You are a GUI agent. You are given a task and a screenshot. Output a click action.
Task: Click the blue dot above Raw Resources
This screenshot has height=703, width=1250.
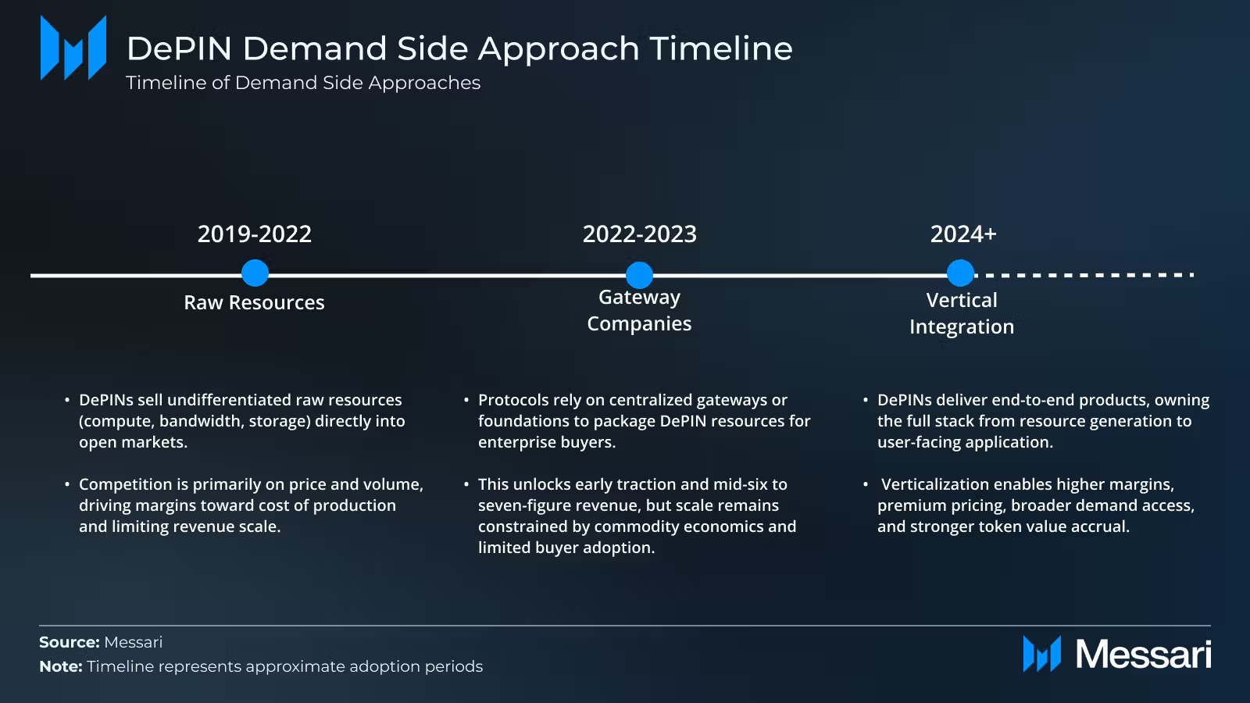[255, 273]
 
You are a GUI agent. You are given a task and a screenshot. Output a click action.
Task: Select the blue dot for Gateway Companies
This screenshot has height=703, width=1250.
[639, 275]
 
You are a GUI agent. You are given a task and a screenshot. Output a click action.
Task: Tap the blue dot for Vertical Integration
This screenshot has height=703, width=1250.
[960, 273]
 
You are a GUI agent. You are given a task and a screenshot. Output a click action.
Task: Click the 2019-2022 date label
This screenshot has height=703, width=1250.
[254, 234]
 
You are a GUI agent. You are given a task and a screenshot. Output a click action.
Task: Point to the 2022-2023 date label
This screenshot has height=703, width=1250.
[639, 234]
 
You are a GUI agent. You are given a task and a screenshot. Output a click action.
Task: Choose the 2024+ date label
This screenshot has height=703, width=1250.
[962, 234]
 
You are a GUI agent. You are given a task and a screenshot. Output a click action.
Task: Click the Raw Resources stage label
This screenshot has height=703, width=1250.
[254, 302]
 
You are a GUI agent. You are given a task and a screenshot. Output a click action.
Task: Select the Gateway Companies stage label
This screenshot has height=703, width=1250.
[639, 310]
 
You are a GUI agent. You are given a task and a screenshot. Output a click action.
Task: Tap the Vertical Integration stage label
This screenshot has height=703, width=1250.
[962, 313]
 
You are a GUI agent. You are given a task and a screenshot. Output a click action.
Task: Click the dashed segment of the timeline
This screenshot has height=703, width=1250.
[1086, 275]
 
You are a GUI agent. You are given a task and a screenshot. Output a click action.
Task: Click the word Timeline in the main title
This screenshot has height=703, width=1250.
[720, 48]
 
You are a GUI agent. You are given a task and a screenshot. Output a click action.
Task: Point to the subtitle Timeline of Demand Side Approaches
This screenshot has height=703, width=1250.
[303, 83]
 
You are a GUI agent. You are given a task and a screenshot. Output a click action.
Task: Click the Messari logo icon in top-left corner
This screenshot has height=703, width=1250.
[73, 48]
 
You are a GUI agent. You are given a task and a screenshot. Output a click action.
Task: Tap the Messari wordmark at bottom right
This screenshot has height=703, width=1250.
[1142, 654]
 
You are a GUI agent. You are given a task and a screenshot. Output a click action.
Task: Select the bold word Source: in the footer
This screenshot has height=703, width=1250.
[70, 642]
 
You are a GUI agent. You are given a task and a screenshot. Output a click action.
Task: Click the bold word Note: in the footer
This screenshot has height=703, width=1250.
[61, 666]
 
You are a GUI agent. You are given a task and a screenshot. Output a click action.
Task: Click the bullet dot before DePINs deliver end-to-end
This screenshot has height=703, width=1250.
[866, 400]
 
